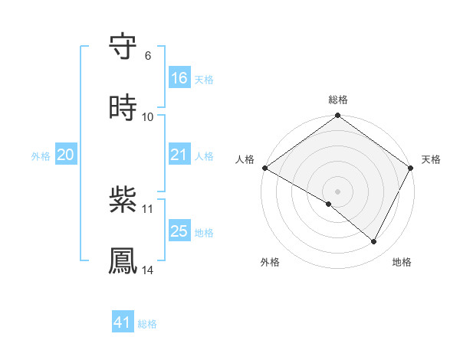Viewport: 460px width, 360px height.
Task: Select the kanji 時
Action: click(123, 109)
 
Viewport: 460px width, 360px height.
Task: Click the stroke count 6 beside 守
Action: click(148, 55)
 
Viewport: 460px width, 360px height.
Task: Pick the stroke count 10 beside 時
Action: click(148, 116)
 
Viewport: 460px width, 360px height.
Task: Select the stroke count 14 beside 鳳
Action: click(148, 270)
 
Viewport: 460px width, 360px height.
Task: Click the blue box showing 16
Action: click(179, 78)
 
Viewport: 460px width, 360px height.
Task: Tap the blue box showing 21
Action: click(179, 155)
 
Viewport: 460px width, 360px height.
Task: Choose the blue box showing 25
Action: click(179, 231)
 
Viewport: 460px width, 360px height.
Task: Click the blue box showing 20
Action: click(66, 155)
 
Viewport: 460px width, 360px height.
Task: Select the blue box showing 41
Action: click(123, 322)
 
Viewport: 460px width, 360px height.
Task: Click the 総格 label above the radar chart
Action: click(338, 100)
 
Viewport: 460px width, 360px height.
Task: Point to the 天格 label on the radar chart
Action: click(432, 159)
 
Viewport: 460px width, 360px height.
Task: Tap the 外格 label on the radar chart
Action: click(270, 262)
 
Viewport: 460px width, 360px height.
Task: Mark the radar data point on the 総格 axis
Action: click(338, 116)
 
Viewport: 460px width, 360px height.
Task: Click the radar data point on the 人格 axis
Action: click(264, 168)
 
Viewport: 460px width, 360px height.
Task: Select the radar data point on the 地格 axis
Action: click(374, 241)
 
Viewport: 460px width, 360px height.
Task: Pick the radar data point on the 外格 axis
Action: click(329, 204)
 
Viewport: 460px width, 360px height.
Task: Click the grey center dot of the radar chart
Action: click(338, 191)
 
